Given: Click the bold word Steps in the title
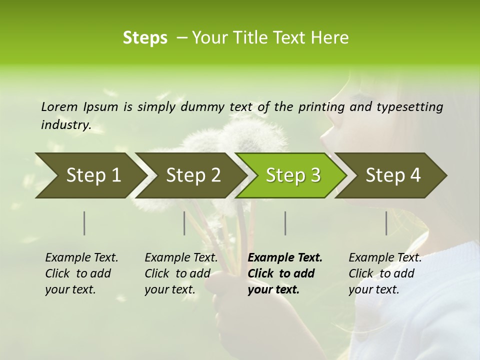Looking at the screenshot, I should click(x=145, y=38).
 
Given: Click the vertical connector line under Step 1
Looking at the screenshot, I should click(x=84, y=223).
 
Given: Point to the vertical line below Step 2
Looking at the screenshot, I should click(x=184, y=223).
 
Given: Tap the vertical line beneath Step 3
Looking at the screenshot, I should click(x=285, y=223).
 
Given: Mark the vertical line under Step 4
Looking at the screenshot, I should click(x=386, y=223).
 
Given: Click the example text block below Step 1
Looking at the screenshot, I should click(x=81, y=273).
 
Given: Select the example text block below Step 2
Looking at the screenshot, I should click(x=181, y=273).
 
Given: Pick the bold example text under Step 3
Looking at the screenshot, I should click(x=285, y=273).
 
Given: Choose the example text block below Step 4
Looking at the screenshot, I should click(x=385, y=273).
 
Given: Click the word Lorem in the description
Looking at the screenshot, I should click(x=59, y=106).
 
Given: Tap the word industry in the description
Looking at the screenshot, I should click(x=66, y=124).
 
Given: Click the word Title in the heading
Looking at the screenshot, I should click(x=266, y=38).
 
